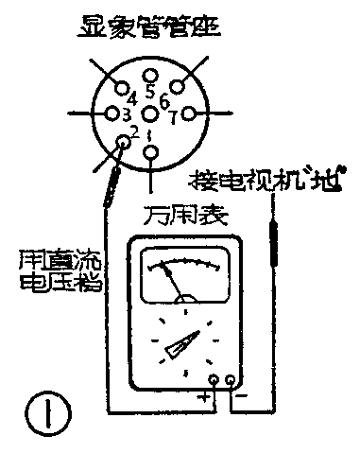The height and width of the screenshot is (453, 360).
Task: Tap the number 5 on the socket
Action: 151,93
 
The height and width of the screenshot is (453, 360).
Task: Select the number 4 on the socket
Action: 132,97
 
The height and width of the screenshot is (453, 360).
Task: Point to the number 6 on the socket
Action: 164,98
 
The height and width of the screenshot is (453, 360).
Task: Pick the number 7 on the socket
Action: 173,118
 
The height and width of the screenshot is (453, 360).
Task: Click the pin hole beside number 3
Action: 112,113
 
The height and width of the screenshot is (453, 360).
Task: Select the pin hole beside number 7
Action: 188,113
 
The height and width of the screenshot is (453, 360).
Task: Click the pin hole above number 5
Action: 151,76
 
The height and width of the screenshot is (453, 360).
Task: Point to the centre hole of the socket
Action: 151,113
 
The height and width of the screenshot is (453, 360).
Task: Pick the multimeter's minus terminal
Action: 232,382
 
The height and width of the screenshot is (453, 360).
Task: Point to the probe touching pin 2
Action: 114,180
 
